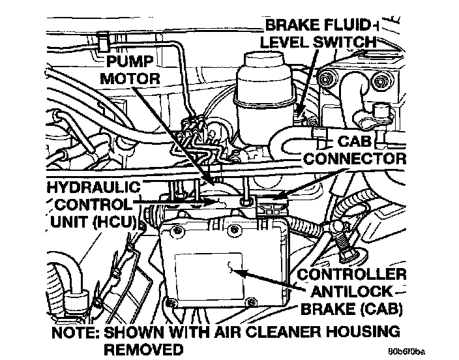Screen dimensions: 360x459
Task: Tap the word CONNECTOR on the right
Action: point(355,158)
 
